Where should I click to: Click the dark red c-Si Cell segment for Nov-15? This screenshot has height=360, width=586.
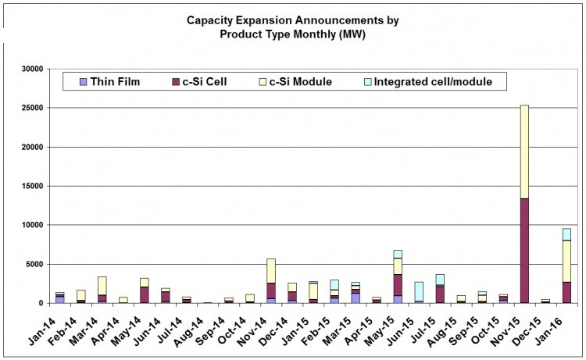click(x=523, y=250)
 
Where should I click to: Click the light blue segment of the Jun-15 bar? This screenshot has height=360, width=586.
click(x=419, y=291)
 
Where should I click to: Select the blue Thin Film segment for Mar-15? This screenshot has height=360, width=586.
click(x=356, y=298)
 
